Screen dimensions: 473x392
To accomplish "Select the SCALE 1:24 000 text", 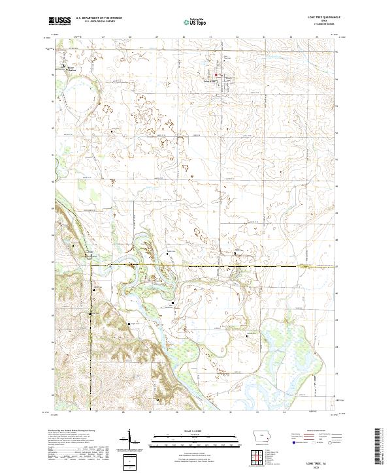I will (195, 431).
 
